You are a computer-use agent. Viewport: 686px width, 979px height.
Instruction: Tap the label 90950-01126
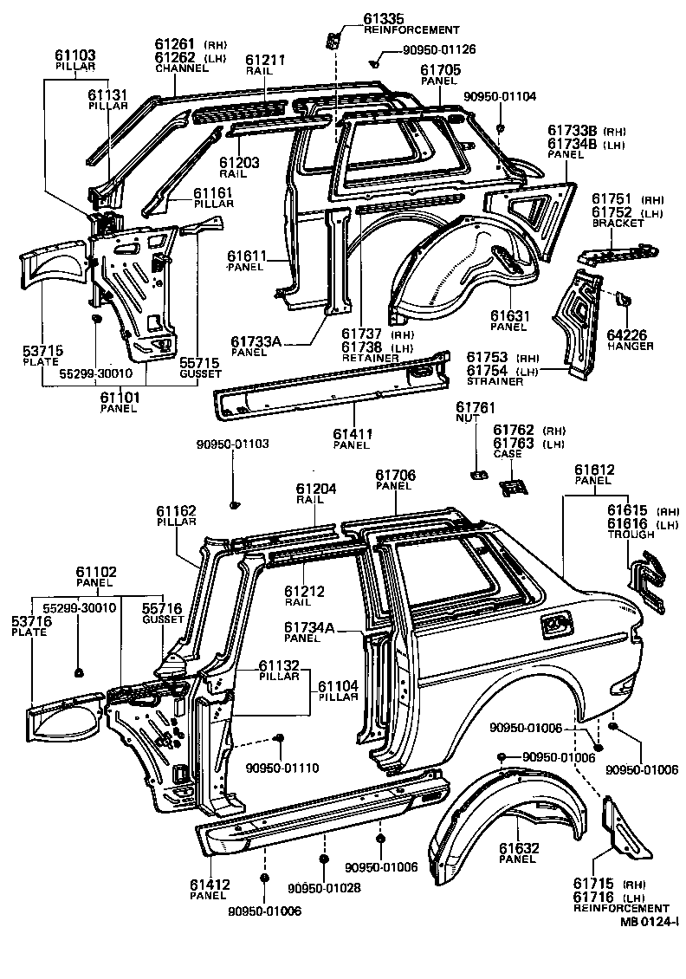(438, 50)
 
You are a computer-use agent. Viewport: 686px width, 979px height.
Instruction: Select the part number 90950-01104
(500, 97)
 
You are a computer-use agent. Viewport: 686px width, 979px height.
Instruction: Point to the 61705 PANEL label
(440, 70)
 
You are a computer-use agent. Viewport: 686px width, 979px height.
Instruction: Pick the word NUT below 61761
(467, 418)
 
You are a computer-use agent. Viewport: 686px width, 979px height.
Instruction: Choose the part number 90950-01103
(232, 444)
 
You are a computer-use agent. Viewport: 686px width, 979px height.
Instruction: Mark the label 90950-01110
(282, 768)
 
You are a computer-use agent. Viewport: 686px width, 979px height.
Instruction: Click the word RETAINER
(365, 357)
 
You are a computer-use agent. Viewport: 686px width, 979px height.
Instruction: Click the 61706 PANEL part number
(395, 475)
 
